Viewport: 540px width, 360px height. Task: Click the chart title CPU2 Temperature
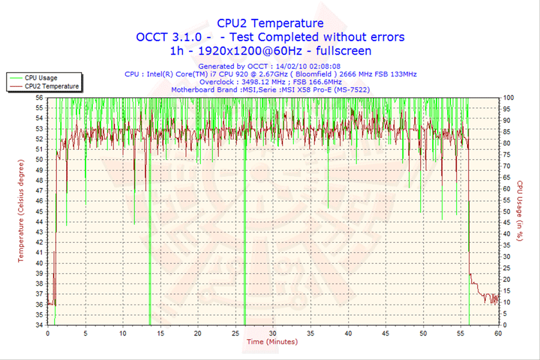[x=271, y=23]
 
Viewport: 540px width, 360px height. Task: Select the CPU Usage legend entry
[x=40, y=77]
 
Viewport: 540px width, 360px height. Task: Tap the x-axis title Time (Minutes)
[x=271, y=341]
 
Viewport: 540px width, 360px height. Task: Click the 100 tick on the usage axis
[x=508, y=97]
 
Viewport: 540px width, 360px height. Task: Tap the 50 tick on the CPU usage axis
[x=507, y=211]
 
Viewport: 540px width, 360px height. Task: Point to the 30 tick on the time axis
[x=272, y=333]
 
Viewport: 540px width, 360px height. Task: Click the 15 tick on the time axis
[x=160, y=333]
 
